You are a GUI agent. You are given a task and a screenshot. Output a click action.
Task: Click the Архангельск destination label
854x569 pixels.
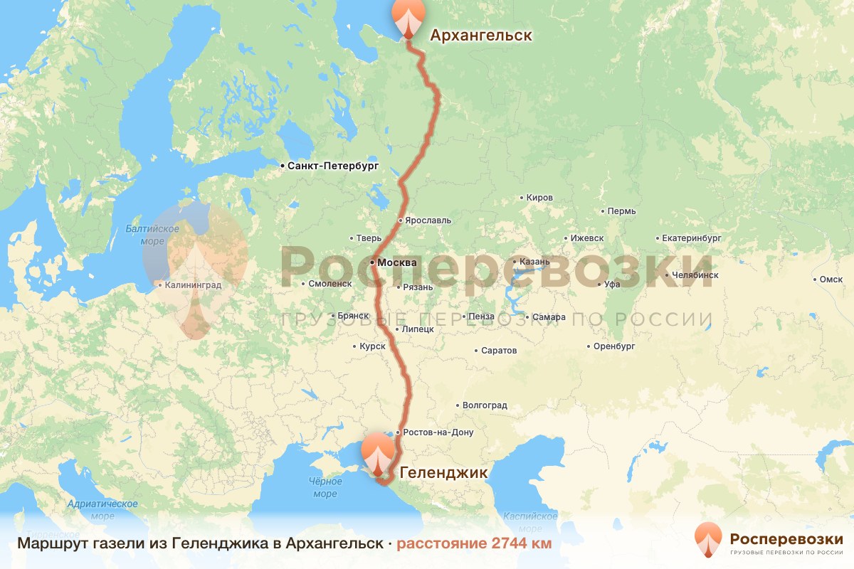pos(480,36)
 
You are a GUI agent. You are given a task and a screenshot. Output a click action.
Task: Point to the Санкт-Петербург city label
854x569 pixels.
pos(333,166)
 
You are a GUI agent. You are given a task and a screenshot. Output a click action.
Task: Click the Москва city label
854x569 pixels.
pos(396,262)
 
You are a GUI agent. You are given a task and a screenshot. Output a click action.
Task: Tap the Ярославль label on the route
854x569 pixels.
pos(428,220)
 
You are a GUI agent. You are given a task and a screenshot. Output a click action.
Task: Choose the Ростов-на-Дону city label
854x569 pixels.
pos(437,432)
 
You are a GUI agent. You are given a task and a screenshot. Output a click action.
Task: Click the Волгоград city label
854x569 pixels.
pos(485,405)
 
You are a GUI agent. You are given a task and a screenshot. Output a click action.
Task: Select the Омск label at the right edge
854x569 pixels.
pos(831,280)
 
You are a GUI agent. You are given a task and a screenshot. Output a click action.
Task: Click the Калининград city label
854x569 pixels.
pos(192,285)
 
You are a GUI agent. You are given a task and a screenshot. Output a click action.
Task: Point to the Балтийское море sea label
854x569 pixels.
pos(152,235)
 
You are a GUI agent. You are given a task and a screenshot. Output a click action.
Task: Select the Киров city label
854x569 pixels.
pos(539,198)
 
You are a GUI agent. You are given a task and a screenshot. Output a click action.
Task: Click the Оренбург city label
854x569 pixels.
pos(613,346)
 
